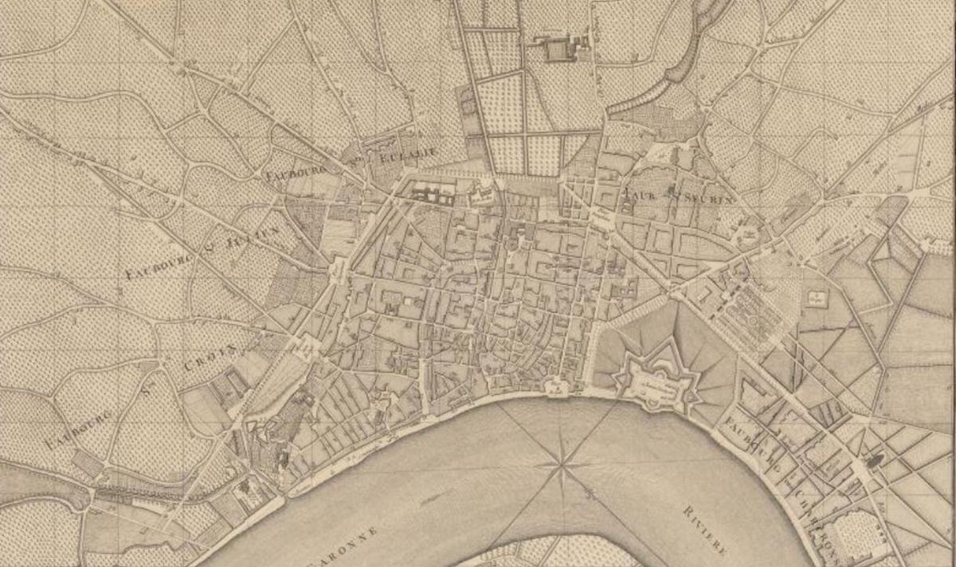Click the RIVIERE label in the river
coord(704,529)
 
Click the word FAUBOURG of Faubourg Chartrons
coord(745,442)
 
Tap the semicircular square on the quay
coord(558,389)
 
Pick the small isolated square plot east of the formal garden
coord(817,298)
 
